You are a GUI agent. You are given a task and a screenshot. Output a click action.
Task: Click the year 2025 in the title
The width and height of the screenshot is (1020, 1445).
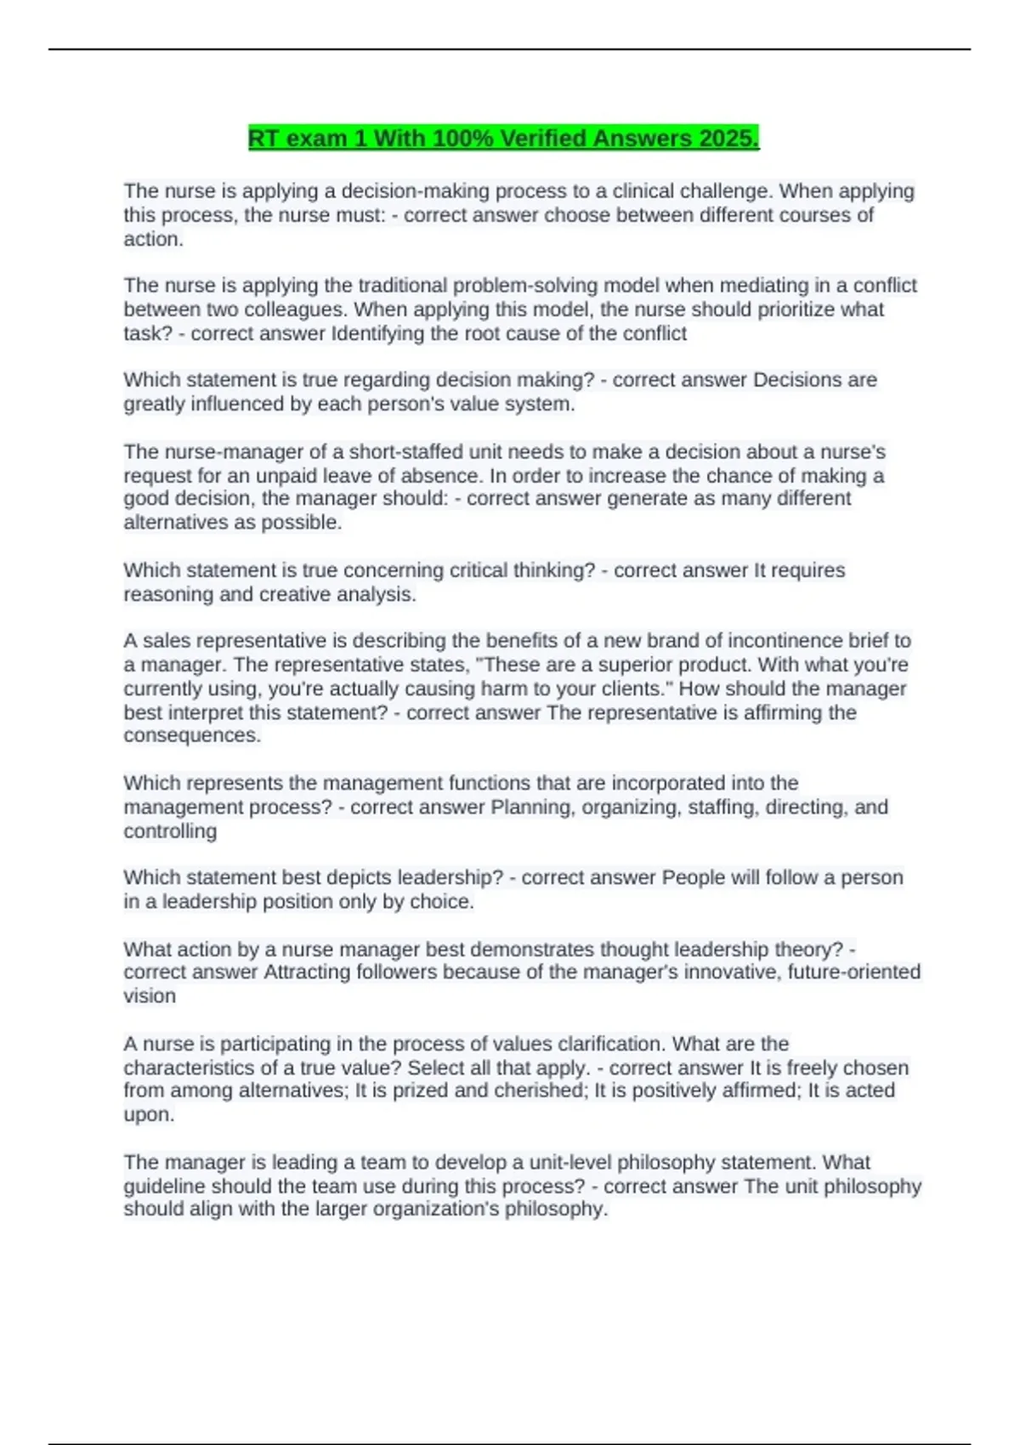728,138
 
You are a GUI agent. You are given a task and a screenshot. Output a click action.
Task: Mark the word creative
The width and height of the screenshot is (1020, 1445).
296,594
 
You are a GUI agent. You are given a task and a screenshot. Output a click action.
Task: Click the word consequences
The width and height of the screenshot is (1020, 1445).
191,735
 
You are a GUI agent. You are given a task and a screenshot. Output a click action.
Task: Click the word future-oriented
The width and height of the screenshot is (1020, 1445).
853,972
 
